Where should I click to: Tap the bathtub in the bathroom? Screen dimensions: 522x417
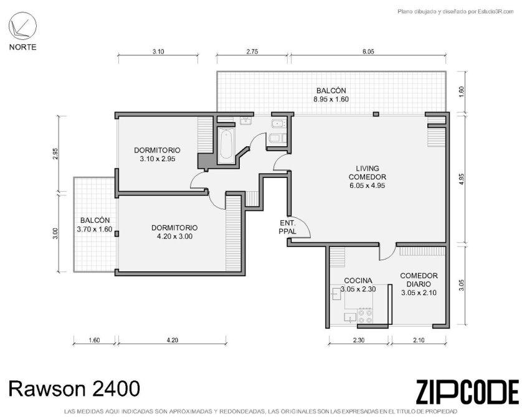[227, 145]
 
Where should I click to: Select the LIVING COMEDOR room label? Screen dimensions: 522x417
[367, 177]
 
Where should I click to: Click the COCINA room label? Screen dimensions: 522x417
[358, 281]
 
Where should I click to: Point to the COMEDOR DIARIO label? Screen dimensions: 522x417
[419, 280]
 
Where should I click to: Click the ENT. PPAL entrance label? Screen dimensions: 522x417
[287, 227]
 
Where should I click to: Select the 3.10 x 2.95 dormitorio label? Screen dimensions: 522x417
[158, 159]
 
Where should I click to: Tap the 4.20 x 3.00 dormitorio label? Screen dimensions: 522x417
[174, 237]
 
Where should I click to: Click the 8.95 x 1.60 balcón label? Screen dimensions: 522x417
[331, 99]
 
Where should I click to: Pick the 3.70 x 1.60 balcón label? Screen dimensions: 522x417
[95, 229]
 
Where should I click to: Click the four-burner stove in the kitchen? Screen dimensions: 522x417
[365, 316]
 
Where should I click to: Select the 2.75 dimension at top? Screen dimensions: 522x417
[252, 52]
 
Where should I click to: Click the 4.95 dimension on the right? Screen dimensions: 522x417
[461, 187]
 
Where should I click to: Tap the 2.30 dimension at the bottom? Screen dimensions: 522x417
[358, 340]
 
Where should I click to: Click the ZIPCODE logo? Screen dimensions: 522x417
[467, 392]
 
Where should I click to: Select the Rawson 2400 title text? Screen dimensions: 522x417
[74, 388]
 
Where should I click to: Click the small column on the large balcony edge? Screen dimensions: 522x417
[376, 114]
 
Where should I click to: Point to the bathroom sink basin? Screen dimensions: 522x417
[246, 121]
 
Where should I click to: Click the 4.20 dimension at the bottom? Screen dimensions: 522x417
[173, 340]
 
